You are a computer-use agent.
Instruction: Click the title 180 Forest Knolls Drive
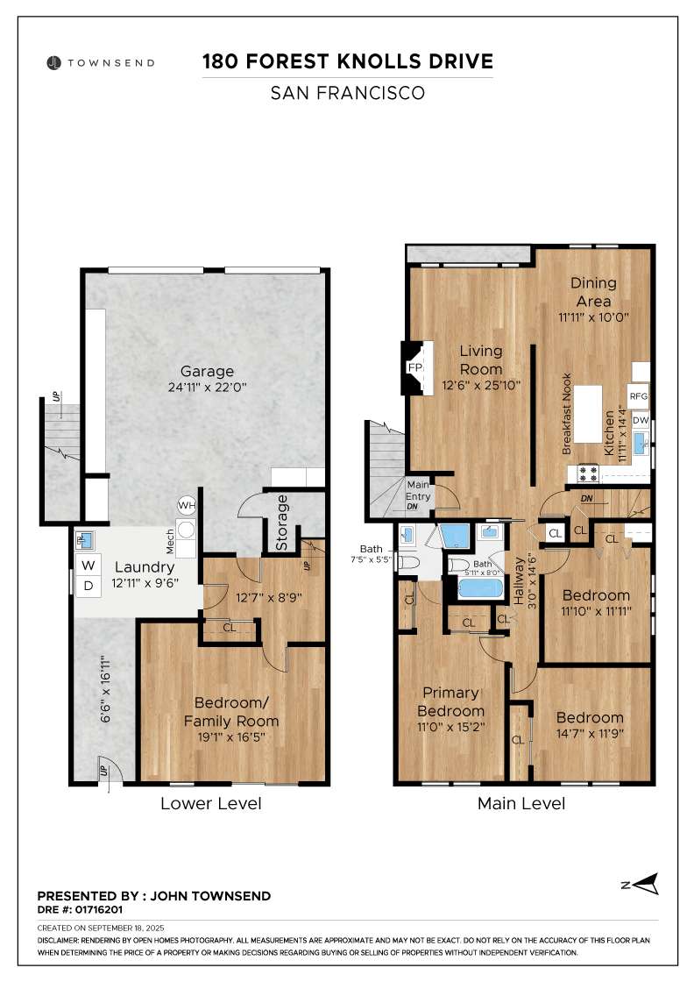point(348,61)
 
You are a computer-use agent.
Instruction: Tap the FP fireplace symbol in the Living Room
point(414,367)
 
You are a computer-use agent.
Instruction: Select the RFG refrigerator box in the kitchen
point(638,395)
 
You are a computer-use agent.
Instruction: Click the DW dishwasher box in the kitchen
point(640,420)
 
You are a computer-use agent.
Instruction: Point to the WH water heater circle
point(186,505)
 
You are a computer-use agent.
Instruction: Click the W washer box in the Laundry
point(89,565)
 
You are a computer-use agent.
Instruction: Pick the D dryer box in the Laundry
point(89,586)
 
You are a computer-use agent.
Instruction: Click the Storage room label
point(282,524)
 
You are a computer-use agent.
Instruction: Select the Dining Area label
point(593,292)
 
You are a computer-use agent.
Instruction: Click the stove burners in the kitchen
point(586,473)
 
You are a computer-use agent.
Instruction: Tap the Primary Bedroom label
point(450,702)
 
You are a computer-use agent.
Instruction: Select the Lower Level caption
point(210,803)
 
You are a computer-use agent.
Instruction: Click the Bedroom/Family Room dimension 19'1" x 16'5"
point(236,736)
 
